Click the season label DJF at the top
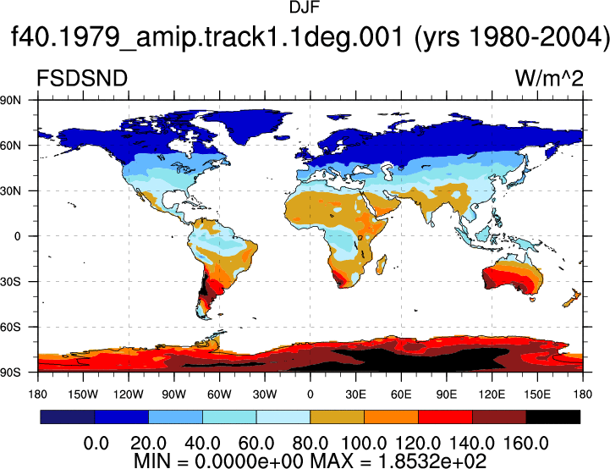coord(305,8)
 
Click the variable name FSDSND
coord(82,78)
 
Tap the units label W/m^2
coord(549,78)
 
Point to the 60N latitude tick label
coord(10,146)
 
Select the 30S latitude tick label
coord(10,281)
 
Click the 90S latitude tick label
coord(10,372)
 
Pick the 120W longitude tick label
coord(129,395)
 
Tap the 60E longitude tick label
coord(401,395)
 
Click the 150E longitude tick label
coord(537,395)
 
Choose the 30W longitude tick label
coord(265,395)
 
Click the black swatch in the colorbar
coord(552,417)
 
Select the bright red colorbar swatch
coord(445,417)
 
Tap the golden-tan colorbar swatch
coord(338,417)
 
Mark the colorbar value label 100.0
coord(364,443)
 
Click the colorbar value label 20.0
coord(148,443)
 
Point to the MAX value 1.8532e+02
coord(432,461)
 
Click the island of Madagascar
coord(382,265)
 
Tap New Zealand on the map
coord(572,298)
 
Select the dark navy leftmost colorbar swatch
coord(68,417)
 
